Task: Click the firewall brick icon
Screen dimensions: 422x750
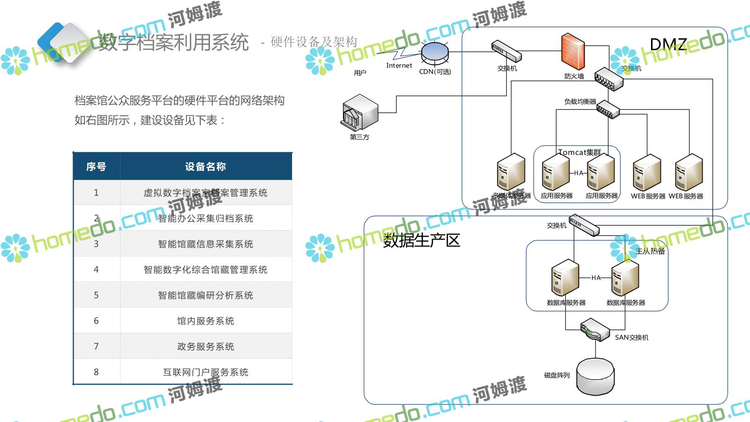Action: pos(573,53)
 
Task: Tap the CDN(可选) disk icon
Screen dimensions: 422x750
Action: pos(435,53)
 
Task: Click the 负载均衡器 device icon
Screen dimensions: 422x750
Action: pos(607,109)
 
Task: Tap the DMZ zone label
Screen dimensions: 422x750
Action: pos(668,45)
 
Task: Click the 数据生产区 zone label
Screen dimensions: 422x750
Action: pos(421,240)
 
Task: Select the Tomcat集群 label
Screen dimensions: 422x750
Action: pos(579,152)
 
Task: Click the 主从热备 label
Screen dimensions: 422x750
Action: pos(650,251)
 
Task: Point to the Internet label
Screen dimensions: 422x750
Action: pos(399,66)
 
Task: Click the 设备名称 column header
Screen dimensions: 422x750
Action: pos(205,166)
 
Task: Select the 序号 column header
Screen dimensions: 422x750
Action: pos(96,166)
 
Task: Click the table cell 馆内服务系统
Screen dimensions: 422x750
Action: pos(205,321)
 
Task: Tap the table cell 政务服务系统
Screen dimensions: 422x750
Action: pos(205,347)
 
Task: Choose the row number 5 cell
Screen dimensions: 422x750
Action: pos(96,295)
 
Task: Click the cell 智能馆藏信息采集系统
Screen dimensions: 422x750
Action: pos(205,244)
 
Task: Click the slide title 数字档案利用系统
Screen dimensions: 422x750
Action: pos(173,42)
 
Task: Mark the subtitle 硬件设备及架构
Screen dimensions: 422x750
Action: pos(314,42)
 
